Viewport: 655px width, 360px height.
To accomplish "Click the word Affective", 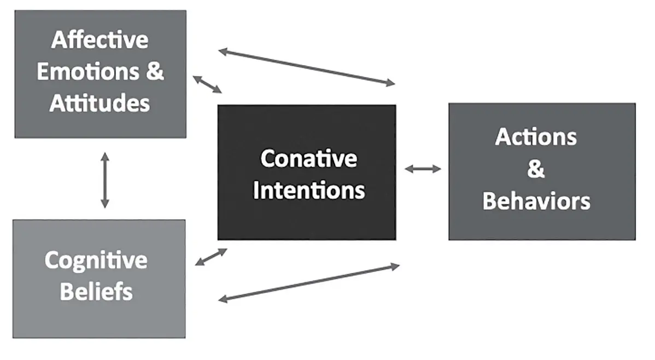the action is (x=100, y=40).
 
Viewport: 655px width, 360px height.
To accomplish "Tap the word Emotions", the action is (x=88, y=72).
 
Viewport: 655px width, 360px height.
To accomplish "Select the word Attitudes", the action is (x=100, y=103).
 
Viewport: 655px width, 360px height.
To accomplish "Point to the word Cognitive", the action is (x=96, y=260).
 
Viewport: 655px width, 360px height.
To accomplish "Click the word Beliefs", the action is (x=96, y=292).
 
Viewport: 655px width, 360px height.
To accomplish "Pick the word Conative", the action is (x=309, y=159).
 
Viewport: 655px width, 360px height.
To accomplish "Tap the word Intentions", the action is (x=309, y=190).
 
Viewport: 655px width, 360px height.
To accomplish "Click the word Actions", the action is (x=536, y=137).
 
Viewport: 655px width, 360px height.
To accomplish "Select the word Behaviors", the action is (x=536, y=201).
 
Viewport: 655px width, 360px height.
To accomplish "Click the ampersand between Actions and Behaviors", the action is (x=536, y=169).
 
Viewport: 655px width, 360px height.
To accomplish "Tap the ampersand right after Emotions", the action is (x=155, y=72).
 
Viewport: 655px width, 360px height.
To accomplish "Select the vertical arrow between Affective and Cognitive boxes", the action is (x=105, y=180).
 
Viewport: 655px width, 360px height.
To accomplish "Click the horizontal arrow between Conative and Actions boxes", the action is (x=423, y=169).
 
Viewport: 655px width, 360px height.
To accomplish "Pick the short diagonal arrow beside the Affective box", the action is (x=207, y=84).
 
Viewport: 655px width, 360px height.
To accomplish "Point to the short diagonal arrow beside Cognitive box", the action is (x=212, y=257).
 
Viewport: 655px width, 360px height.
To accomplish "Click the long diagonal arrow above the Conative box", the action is (x=307, y=67).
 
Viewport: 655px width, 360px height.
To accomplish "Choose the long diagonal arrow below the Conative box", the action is (x=309, y=282).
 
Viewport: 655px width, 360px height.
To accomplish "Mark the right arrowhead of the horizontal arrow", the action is (x=437, y=169).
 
